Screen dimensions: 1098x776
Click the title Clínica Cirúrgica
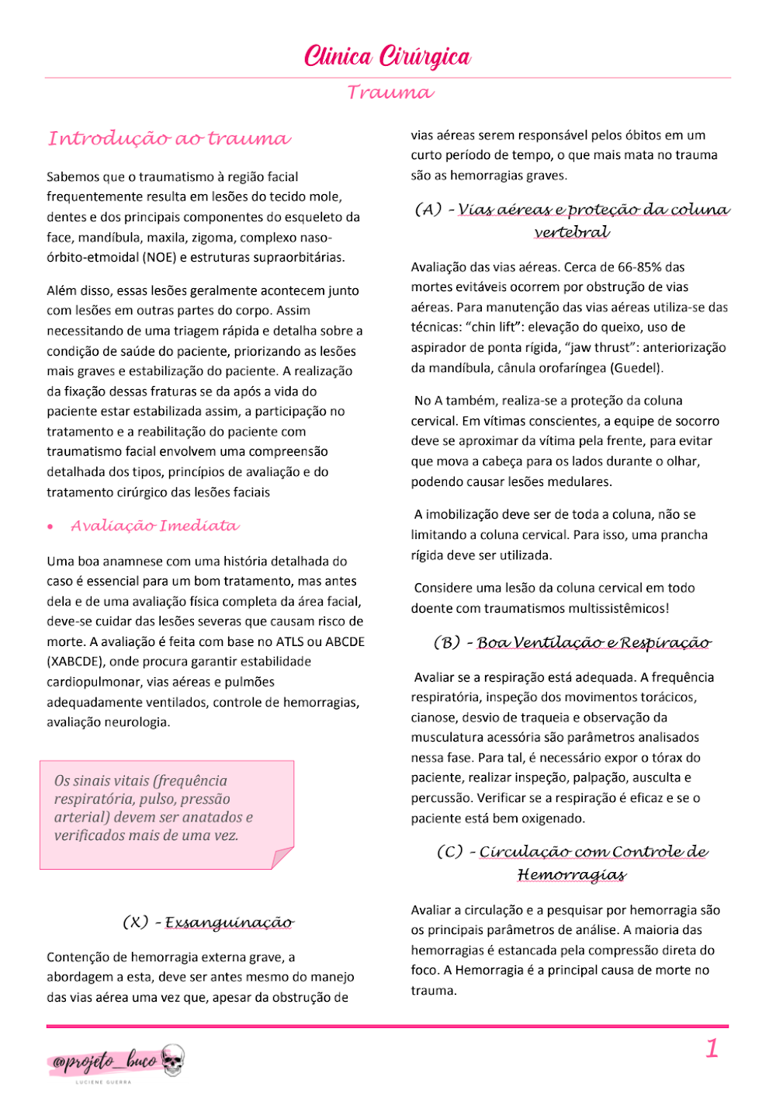click(x=387, y=57)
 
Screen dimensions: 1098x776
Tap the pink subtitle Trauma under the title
click(x=390, y=92)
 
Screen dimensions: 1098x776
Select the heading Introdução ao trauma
click(x=169, y=139)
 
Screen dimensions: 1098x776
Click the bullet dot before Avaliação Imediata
click(x=50, y=527)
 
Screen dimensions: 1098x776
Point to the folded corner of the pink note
click(x=282, y=857)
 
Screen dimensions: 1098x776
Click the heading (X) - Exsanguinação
click(x=208, y=923)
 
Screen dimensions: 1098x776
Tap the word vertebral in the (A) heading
click(x=572, y=232)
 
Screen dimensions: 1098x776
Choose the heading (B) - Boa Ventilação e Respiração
click(x=572, y=643)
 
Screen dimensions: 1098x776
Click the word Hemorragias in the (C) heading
click(x=572, y=875)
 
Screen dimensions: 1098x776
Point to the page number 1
click(x=712, y=1049)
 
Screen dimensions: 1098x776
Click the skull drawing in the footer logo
click(x=173, y=1060)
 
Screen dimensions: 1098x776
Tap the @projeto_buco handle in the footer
click(x=105, y=1061)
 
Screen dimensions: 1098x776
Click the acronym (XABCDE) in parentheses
click(x=74, y=662)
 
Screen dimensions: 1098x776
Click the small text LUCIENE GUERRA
click(x=103, y=1082)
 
